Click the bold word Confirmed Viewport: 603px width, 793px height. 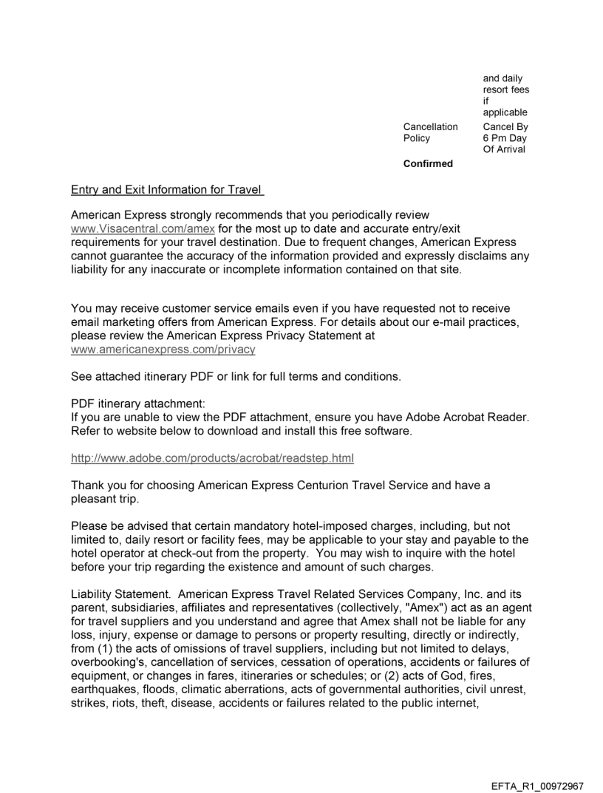click(428, 164)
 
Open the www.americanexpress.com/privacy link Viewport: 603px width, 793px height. click(163, 348)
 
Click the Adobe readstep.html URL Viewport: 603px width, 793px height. click(212, 459)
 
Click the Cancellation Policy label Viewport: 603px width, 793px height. click(430, 132)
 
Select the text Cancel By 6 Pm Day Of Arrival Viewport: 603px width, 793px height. click(505, 138)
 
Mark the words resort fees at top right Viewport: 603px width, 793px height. click(505, 90)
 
